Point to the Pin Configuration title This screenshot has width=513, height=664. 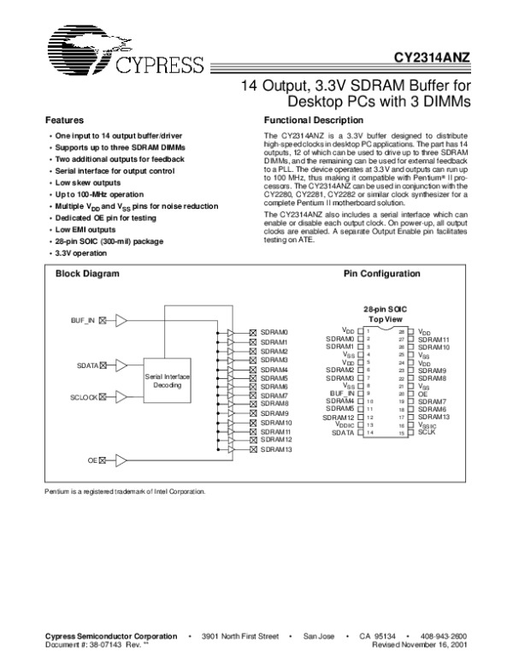click(x=381, y=274)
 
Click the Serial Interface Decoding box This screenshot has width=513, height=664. click(x=167, y=381)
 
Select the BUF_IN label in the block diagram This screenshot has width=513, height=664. click(x=83, y=320)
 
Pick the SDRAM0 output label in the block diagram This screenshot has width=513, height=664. click(x=274, y=332)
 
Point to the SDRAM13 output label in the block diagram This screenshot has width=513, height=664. click(x=276, y=449)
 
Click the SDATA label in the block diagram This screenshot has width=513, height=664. click(x=86, y=365)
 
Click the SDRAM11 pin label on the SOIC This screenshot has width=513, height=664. click(x=434, y=339)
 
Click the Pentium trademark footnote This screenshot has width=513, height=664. click(x=125, y=491)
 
